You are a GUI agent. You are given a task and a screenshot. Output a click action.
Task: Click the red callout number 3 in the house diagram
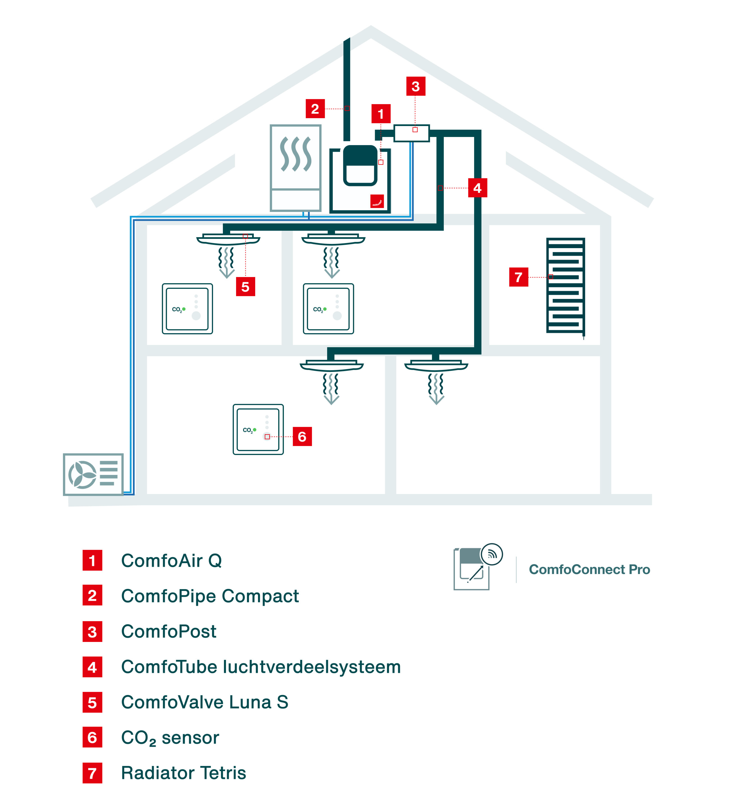click(x=415, y=86)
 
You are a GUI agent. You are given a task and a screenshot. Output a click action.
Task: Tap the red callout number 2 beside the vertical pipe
click(x=315, y=108)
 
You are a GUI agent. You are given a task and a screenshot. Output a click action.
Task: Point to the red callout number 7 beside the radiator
click(x=518, y=277)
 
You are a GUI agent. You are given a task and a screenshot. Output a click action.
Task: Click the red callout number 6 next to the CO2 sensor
click(x=302, y=436)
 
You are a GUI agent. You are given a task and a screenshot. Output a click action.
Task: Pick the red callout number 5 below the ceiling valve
click(x=245, y=287)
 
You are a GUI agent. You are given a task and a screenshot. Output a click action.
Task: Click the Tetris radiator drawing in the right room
click(x=566, y=286)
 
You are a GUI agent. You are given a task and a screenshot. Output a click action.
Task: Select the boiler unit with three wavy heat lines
click(x=295, y=168)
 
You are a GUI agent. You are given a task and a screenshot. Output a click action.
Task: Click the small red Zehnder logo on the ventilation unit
click(x=377, y=201)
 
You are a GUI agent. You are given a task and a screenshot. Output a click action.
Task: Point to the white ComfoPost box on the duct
click(x=412, y=133)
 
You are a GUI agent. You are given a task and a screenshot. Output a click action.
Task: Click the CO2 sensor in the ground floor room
click(x=258, y=429)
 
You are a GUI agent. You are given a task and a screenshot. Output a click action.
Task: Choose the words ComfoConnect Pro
click(x=589, y=569)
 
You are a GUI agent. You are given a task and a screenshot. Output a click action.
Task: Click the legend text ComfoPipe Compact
click(x=210, y=596)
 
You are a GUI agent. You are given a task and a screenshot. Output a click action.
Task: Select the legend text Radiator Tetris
click(x=184, y=772)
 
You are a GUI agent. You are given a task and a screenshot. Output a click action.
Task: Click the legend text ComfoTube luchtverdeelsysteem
click(x=261, y=667)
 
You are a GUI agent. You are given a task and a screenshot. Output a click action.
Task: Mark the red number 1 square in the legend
click(x=92, y=560)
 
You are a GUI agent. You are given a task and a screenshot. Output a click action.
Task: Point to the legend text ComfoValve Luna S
click(x=205, y=702)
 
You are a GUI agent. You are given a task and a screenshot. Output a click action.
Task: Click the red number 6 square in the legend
click(x=92, y=737)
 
